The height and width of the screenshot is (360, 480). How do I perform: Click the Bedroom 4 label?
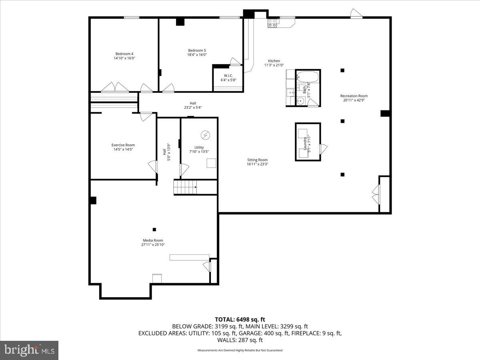[x=124, y=54]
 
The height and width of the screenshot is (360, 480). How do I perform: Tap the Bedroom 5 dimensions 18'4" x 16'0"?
[x=197, y=55]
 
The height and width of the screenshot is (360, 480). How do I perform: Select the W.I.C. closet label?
[x=228, y=76]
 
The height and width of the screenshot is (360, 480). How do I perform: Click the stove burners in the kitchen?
[x=273, y=23]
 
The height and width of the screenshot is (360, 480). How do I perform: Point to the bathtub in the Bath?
[x=308, y=77]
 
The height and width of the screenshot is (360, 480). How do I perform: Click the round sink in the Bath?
[x=300, y=101]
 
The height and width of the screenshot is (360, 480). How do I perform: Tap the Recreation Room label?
[x=354, y=96]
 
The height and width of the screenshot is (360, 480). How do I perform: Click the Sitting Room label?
[x=257, y=160]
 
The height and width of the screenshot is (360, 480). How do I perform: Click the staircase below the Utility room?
[x=185, y=187]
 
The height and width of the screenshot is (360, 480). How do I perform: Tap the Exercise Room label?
[x=123, y=145]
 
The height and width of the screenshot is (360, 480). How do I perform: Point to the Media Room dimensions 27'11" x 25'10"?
[x=153, y=245]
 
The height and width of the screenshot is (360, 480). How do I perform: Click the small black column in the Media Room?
[x=154, y=229]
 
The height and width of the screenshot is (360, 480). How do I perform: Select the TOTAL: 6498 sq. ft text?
[x=240, y=319]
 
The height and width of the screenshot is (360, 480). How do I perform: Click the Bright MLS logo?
[x=29, y=350]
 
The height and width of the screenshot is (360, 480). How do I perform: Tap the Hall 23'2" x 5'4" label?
[x=193, y=105]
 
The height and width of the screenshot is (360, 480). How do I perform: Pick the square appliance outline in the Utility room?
[x=211, y=163]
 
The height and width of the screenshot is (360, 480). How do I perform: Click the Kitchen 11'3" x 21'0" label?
[x=274, y=63]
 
